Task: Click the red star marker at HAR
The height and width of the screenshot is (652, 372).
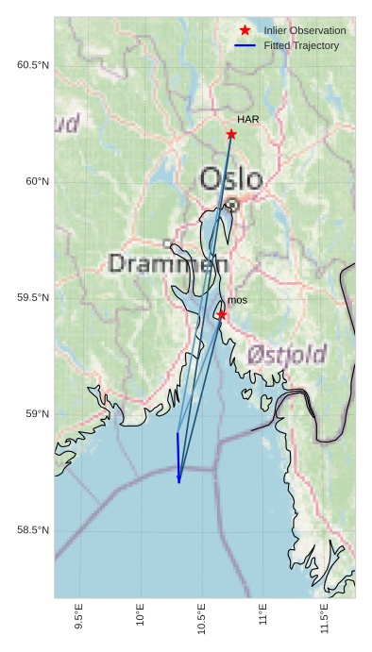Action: tap(231, 134)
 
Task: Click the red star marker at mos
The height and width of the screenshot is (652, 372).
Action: tap(221, 314)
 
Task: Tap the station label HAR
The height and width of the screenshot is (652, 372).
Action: tap(247, 120)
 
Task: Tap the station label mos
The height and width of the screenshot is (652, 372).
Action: tap(237, 300)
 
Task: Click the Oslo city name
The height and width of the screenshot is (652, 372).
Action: tap(231, 178)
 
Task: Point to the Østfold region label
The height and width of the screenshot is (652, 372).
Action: tap(287, 355)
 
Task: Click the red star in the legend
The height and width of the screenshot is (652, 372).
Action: tap(245, 30)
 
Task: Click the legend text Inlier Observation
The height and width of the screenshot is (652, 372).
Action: tap(305, 31)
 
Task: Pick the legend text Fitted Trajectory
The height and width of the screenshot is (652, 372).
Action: tap(301, 45)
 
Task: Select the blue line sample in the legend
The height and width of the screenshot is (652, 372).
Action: tap(245, 45)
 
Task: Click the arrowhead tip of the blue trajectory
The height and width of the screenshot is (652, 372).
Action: tap(178, 482)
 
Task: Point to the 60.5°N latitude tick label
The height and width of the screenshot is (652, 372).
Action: tap(33, 65)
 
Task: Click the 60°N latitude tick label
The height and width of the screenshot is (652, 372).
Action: tap(37, 181)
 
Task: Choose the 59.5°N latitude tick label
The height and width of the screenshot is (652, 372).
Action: tap(33, 297)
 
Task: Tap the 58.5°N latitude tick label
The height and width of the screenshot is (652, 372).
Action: tap(33, 530)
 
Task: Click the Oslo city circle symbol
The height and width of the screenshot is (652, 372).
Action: tap(232, 203)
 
